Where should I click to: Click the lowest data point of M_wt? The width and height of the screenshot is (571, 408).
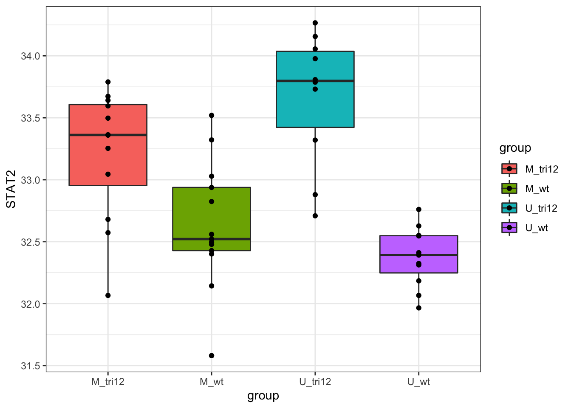(212, 356)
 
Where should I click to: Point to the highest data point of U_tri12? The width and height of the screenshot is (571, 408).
(315, 23)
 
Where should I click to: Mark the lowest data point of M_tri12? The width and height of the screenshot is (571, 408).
(108, 295)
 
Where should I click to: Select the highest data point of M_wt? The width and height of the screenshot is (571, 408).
(212, 115)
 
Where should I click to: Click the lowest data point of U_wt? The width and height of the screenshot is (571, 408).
(419, 308)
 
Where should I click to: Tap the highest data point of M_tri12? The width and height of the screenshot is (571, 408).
(108, 82)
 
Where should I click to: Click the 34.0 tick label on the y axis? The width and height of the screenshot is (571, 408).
(30, 56)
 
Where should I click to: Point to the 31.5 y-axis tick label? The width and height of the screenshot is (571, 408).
(30, 366)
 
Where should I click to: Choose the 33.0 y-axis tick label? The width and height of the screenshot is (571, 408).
(30, 180)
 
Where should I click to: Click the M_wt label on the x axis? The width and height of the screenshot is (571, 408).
(212, 382)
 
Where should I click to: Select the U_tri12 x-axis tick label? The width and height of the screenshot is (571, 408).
(315, 382)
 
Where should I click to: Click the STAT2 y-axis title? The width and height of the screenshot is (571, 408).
(11, 189)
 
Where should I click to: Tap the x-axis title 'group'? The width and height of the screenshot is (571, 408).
(263, 396)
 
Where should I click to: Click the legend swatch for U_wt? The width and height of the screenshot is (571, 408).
(509, 228)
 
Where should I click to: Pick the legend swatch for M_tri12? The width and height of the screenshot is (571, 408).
(509, 169)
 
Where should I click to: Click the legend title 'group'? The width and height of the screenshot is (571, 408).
(515, 148)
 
